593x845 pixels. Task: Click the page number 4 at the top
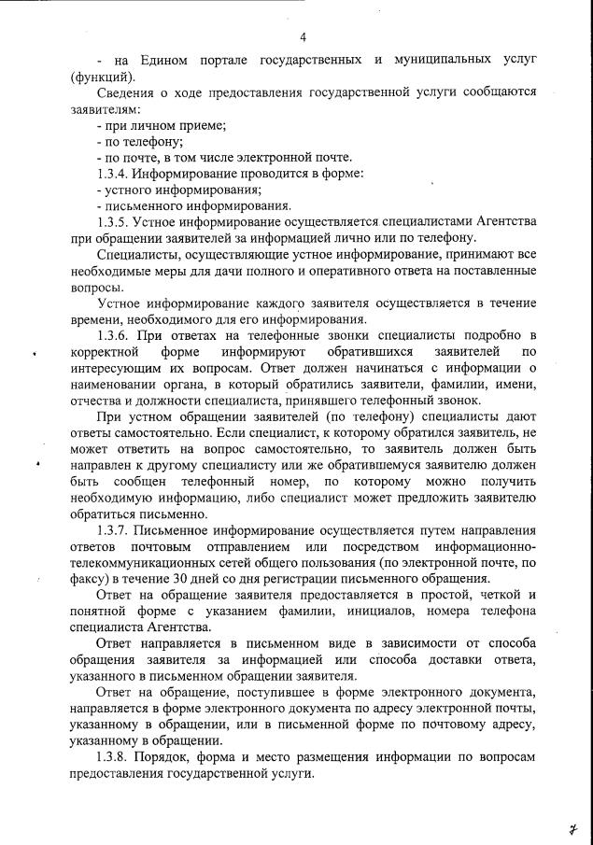tap(304, 37)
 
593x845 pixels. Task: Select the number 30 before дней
tap(175, 578)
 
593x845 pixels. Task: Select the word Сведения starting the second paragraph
tap(126, 92)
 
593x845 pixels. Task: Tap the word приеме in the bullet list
tap(205, 125)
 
